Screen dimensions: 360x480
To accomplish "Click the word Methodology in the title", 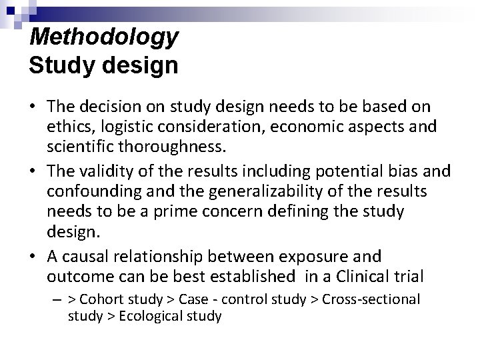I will pyautogui.click(x=104, y=37).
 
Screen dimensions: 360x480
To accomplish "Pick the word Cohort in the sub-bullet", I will pyautogui.click(x=103, y=299).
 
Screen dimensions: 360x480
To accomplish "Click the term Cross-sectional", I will pyautogui.click(x=371, y=299).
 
